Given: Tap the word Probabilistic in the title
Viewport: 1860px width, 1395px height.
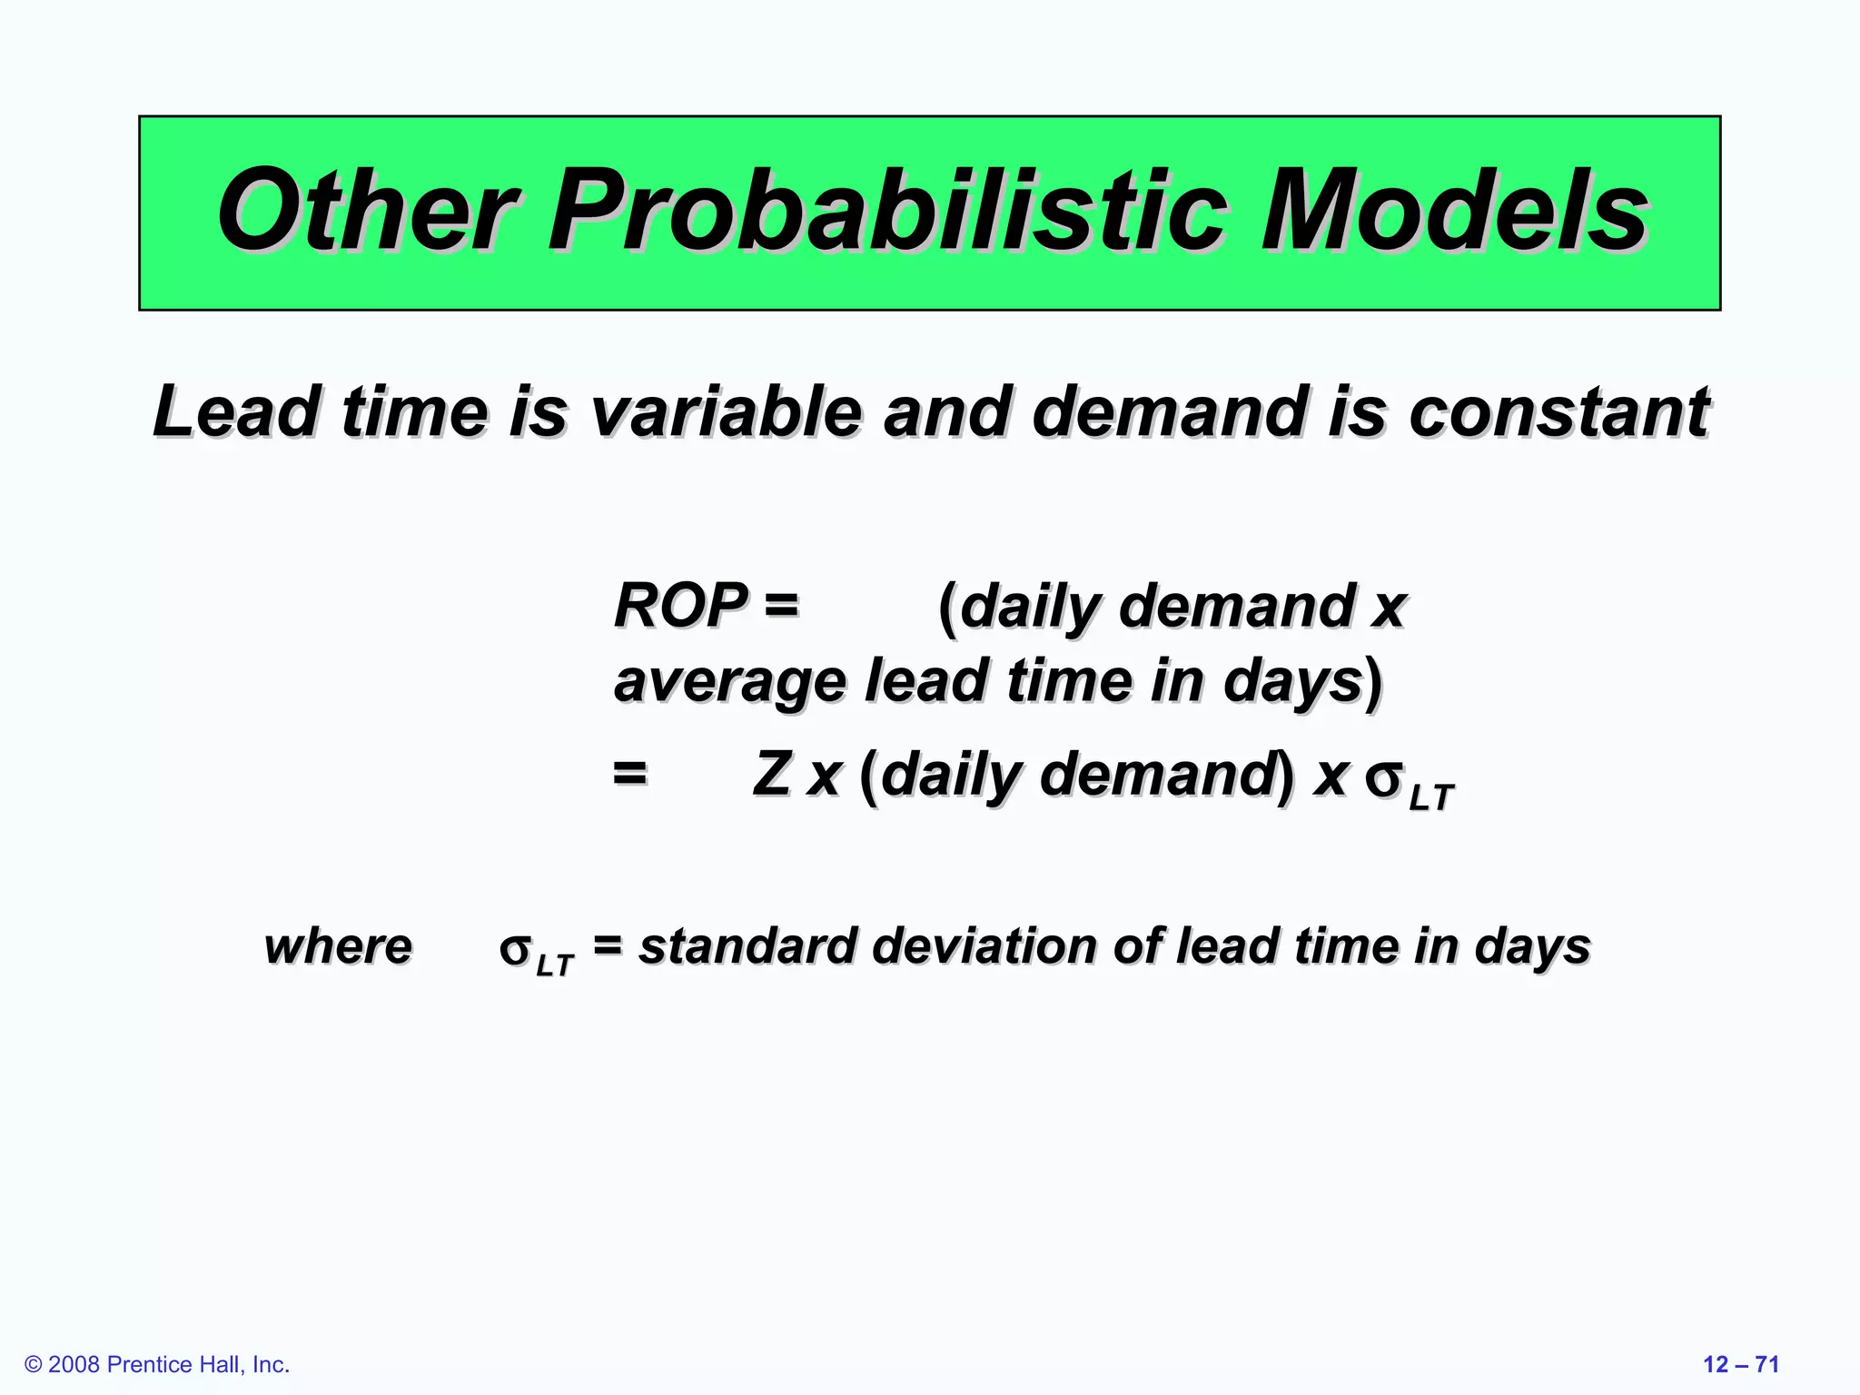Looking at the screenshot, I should (x=887, y=211).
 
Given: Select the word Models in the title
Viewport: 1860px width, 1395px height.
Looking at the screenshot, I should (x=1454, y=211).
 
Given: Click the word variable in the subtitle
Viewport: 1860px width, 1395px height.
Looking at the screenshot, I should (x=724, y=411).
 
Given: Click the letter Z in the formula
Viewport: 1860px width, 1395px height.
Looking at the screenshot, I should (x=771, y=775).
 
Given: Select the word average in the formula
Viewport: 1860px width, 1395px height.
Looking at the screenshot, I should (x=729, y=681).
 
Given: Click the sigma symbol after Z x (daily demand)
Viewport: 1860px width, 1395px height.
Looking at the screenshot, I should (x=1384, y=779).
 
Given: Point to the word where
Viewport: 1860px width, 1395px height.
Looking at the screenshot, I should (x=338, y=946).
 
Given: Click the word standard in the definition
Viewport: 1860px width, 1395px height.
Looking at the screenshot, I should (x=747, y=946).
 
